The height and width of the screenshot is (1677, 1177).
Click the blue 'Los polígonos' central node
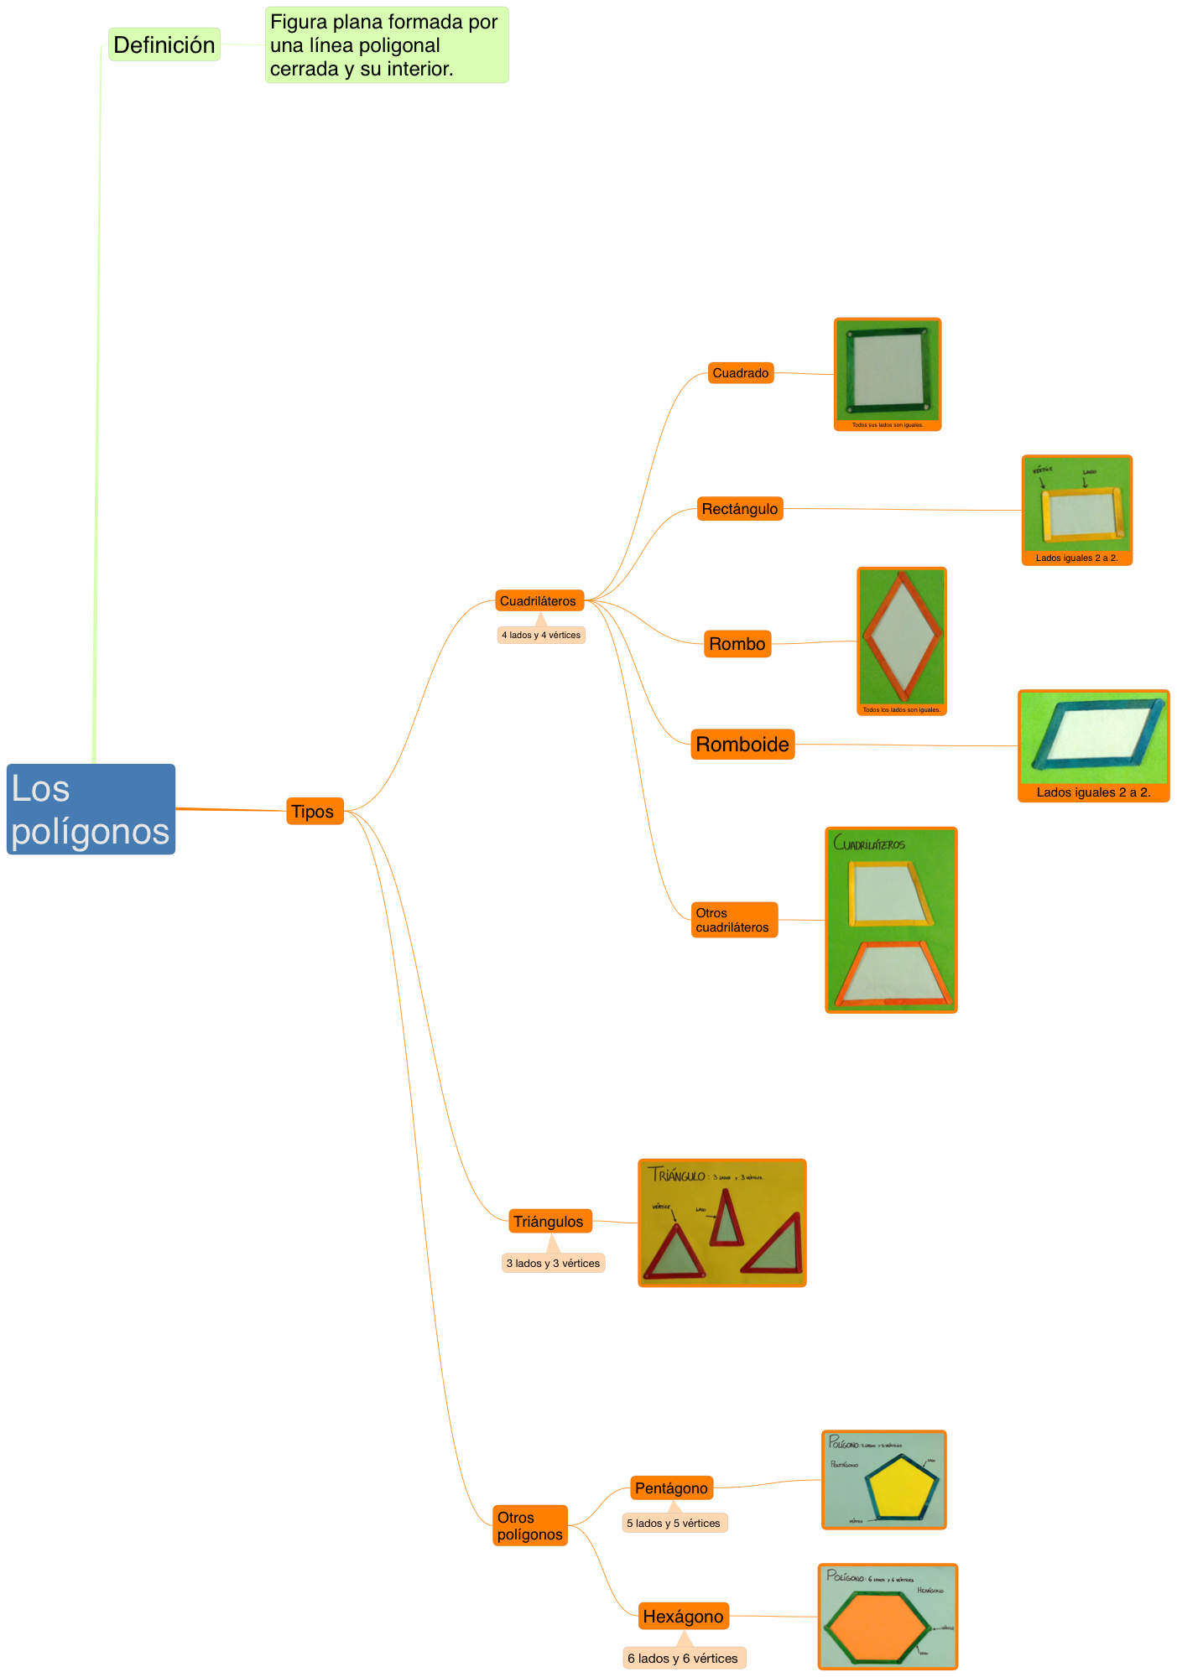pos(91,809)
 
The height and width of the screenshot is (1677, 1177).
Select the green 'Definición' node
pos(164,44)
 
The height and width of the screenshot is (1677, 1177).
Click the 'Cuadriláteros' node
pos(539,600)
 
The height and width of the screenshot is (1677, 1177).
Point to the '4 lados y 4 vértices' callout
pos(541,635)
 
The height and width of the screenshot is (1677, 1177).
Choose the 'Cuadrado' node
pos(741,373)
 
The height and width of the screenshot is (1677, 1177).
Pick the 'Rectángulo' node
pos(740,509)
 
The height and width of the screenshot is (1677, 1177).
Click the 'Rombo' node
pos(737,644)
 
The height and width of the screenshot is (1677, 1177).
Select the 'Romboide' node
pos(742,745)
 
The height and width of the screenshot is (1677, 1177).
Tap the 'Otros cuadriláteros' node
pos(734,920)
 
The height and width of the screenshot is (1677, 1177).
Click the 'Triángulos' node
pos(549,1222)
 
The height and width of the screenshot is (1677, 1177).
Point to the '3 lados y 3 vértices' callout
pos(553,1263)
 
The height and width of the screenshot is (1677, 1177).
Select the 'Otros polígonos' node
pos(530,1526)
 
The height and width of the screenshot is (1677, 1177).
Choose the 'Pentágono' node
pos(671,1488)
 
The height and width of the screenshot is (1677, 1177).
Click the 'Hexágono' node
pos(683,1616)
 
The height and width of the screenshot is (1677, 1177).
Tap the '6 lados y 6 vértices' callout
pos(684,1658)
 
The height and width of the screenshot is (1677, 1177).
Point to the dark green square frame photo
pos(888,370)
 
